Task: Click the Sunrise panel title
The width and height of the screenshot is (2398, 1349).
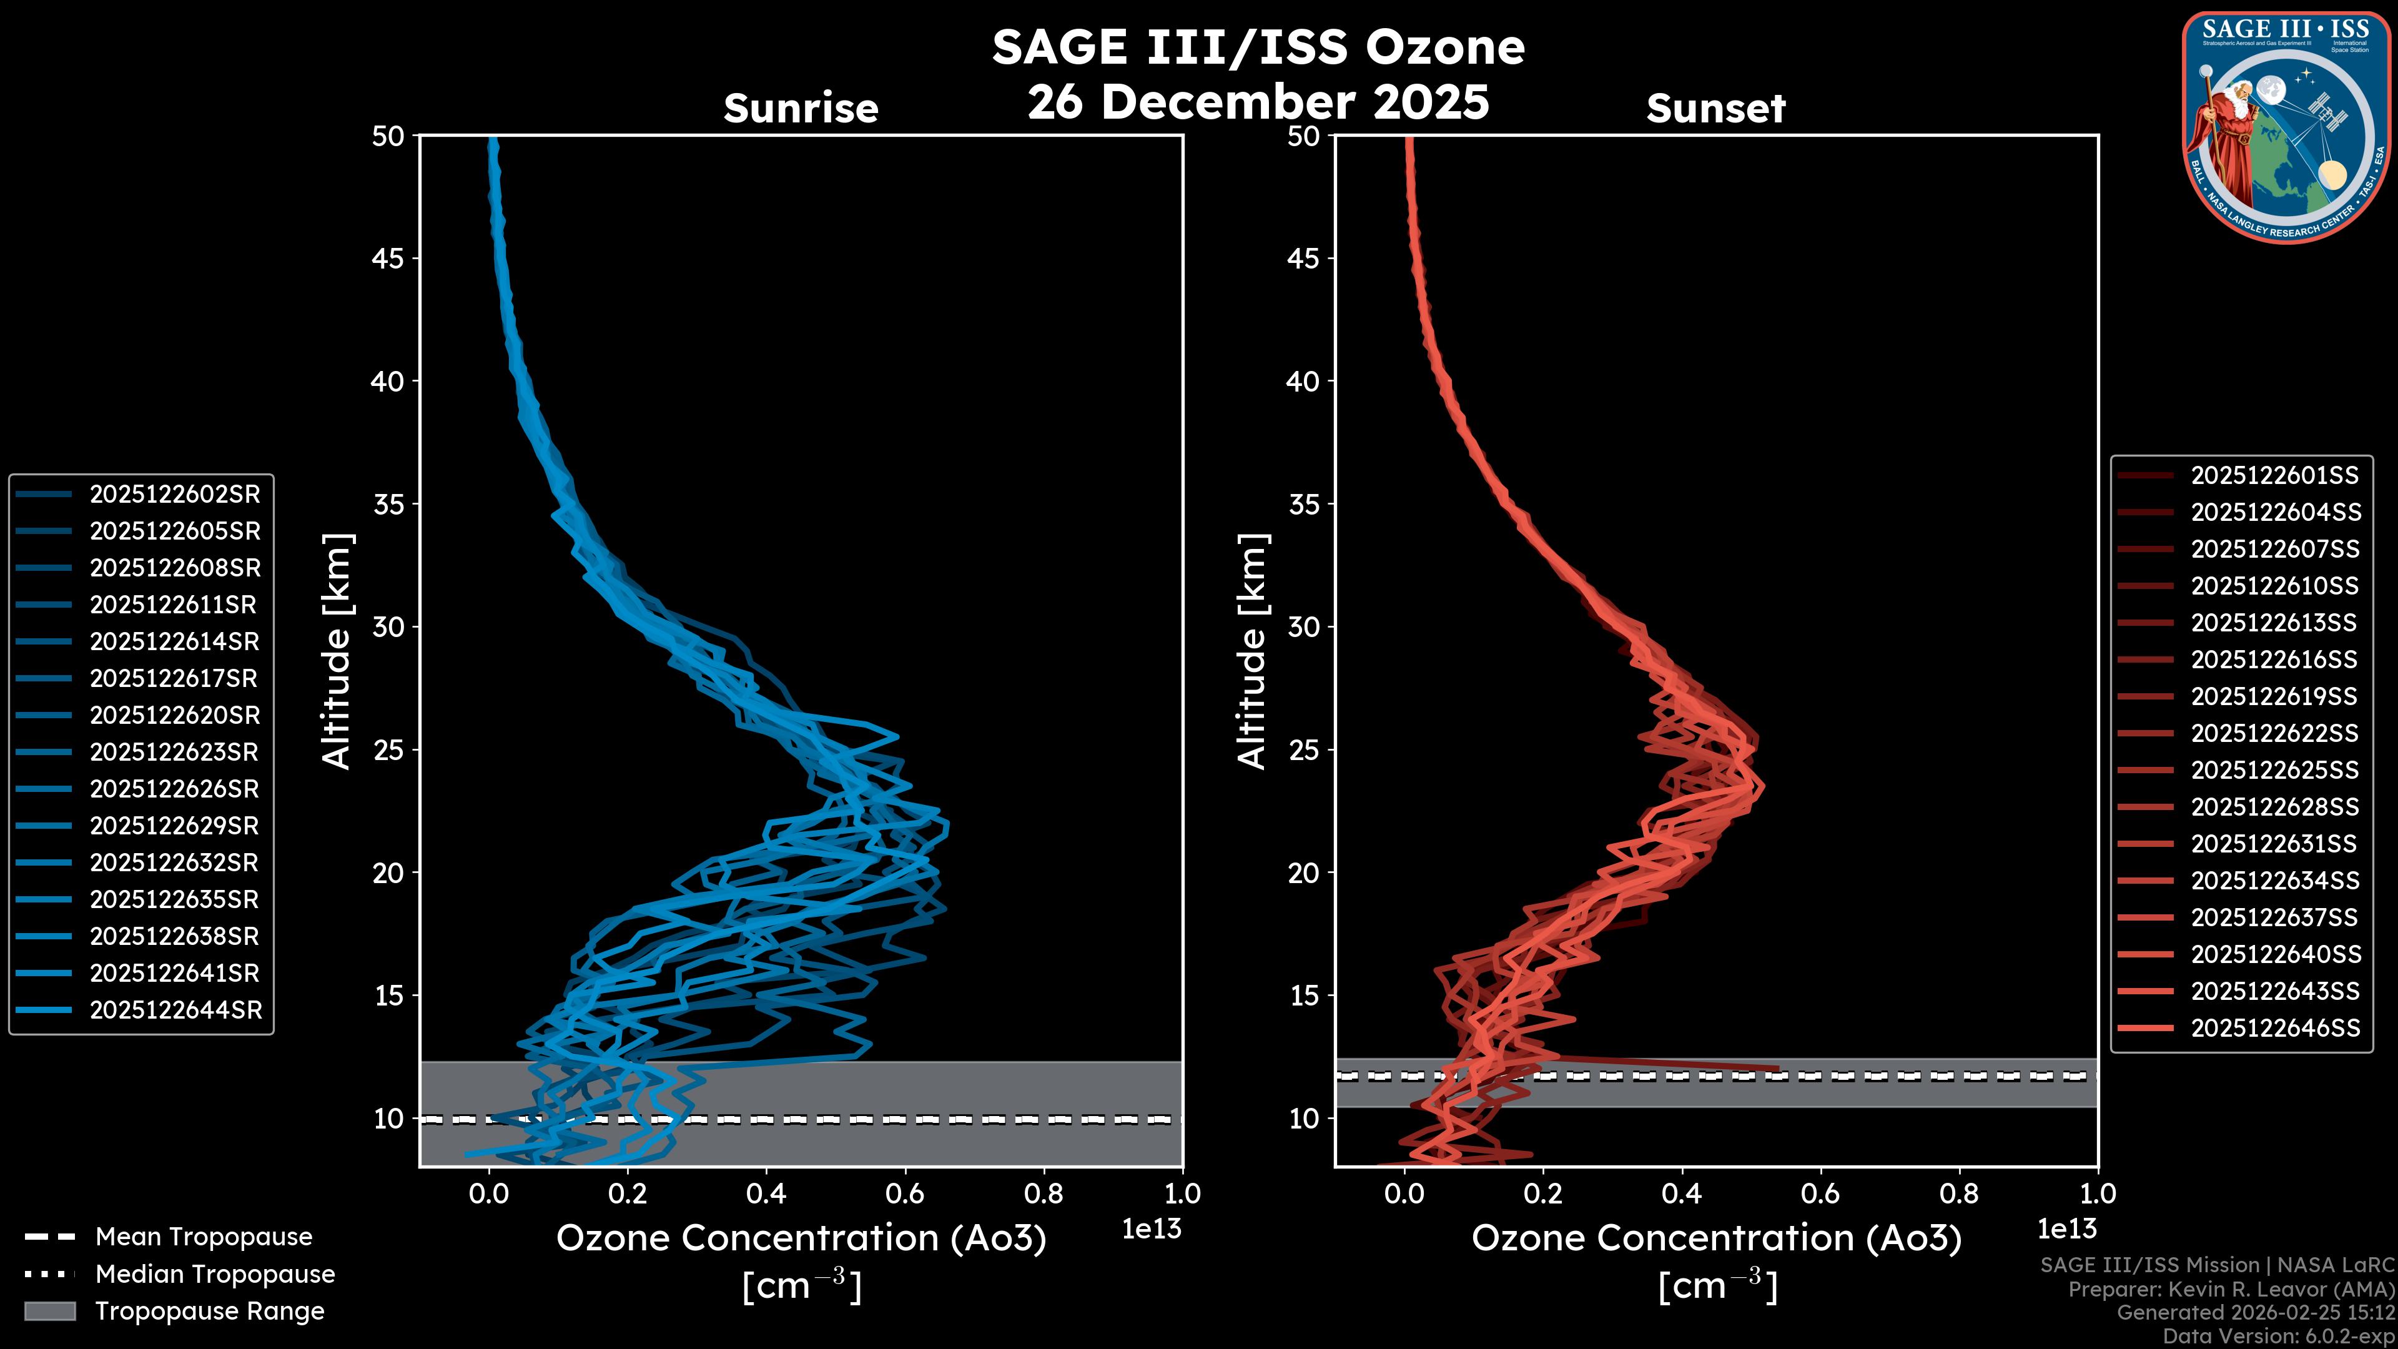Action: coord(801,108)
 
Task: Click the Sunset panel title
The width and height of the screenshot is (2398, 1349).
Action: coord(1715,108)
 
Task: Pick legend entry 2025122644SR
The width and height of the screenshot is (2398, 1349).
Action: coord(175,1009)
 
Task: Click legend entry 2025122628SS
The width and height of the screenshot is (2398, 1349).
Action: coord(2274,806)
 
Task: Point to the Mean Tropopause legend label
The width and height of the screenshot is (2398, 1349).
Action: coord(204,1237)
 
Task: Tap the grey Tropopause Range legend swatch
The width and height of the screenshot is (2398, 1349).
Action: coord(49,1311)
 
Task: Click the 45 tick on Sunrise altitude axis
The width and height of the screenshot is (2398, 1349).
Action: coord(388,258)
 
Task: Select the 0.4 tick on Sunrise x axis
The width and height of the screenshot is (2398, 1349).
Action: coord(766,1193)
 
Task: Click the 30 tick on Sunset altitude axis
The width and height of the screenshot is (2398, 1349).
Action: coord(1303,626)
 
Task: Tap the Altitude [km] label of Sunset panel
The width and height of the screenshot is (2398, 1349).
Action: coord(1252,651)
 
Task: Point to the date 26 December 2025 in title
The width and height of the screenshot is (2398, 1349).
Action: coord(1258,101)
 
